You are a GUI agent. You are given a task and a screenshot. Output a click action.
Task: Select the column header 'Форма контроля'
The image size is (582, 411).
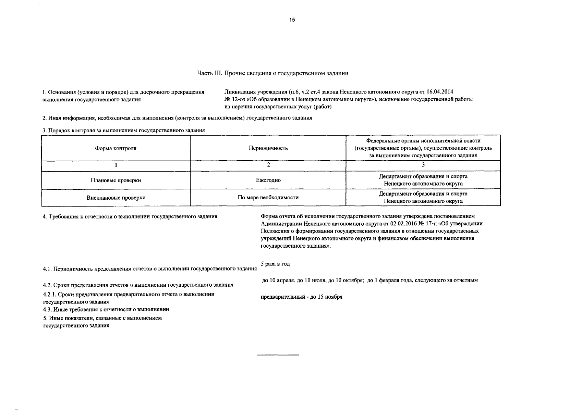coord(116,148)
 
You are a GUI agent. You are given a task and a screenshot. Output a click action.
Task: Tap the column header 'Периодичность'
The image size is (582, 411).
coord(268,148)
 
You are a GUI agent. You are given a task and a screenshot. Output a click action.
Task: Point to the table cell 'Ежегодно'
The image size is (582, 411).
coord(268,180)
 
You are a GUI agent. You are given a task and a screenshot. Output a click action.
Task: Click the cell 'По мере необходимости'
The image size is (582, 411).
coord(268,198)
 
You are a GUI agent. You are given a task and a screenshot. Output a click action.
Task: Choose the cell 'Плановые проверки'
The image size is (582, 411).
coord(116,180)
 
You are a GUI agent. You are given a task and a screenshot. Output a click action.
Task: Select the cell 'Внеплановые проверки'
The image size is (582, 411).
coord(116,198)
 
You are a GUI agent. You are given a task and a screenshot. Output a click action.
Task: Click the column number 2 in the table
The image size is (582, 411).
coord(268,165)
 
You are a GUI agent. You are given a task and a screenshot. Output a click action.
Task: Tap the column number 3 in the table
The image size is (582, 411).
coord(423,165)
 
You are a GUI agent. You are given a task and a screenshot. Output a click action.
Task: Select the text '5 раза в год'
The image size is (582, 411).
coord(275,264)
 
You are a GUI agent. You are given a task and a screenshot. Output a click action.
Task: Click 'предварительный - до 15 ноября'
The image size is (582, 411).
coord(302,297)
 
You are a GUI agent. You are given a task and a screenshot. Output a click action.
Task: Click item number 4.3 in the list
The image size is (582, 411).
coord(48,310)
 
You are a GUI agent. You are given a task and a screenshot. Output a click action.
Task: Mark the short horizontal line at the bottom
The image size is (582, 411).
coord(278,355)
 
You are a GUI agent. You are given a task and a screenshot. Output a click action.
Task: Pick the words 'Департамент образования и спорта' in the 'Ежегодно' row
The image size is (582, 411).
coord(423,176)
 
